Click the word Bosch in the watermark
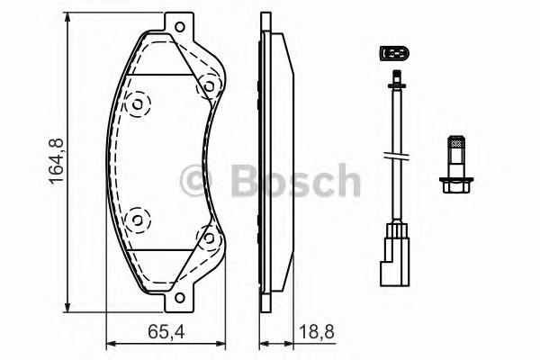(295, 182)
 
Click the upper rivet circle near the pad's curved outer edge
(137, 104)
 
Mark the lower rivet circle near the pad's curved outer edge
(137, 218)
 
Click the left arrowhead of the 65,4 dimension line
(111, 344)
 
